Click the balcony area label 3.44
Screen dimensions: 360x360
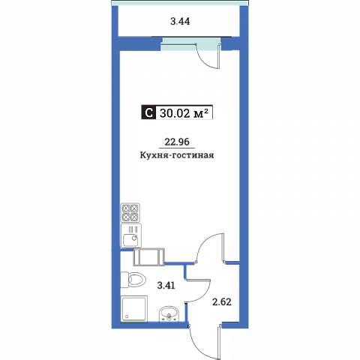click(180, 22)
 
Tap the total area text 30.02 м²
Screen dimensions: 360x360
click(184, 113)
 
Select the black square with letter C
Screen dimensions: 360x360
click(148, 112)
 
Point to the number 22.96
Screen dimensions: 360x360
click(177, 142)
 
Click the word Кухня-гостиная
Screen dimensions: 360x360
click(177, 155)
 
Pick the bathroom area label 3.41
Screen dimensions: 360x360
click(166, 285)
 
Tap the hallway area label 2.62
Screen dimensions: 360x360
click(222, 302)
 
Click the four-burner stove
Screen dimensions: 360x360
click(130, 213)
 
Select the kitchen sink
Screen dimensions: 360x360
click(131, 235)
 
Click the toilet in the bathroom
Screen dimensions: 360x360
click(133, 280)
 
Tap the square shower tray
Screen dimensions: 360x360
click(134, 308)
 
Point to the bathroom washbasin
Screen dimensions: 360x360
click(169, 313)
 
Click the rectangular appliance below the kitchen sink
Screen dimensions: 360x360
click(149, 256)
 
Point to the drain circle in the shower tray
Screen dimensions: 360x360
click(127, 316)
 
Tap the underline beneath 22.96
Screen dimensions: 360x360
click(177, 148)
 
